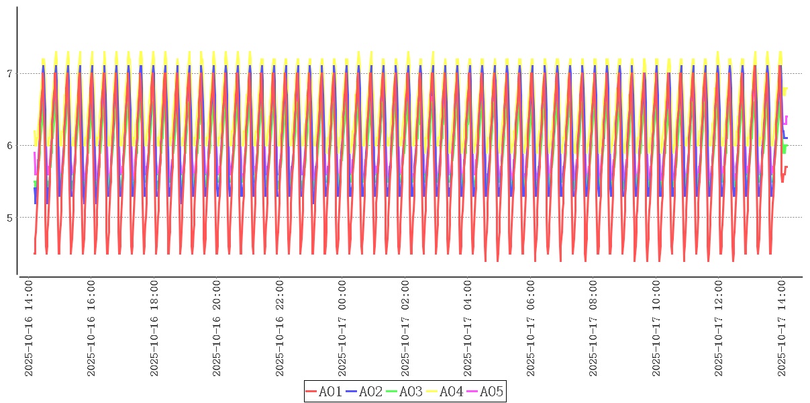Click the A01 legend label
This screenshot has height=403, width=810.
point(330,392)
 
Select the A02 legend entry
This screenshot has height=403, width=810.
point(370,392)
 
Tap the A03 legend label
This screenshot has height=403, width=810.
point(411,392)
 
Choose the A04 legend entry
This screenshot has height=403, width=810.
point(451,392)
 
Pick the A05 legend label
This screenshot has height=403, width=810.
point(491,392)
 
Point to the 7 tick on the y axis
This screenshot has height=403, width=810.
point(9,73)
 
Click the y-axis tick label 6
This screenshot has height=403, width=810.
point(9,145)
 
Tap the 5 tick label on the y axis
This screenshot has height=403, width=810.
point(9,217)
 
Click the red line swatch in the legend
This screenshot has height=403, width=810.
point(311,392)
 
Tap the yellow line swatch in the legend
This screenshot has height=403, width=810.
point(432,392)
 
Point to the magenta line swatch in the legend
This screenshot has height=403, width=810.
point(472,392)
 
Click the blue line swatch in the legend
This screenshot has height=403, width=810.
point(352,392)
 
